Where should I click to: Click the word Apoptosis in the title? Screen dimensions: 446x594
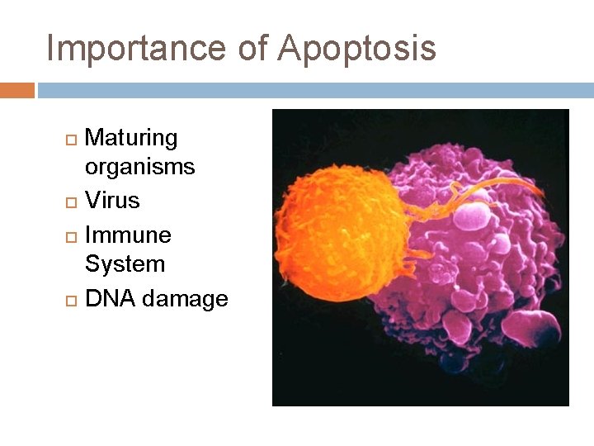(x=356, y=48)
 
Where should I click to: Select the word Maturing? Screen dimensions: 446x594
(x=131, y=138)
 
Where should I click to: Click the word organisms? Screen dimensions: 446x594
(x=139, y=167)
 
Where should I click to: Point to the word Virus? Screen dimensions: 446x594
(x=112, y=201)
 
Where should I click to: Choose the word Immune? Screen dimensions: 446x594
(x=128, y=235)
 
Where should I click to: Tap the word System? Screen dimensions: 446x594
(x=125, y=264)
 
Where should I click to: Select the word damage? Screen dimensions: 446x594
(x=185, y=299)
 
